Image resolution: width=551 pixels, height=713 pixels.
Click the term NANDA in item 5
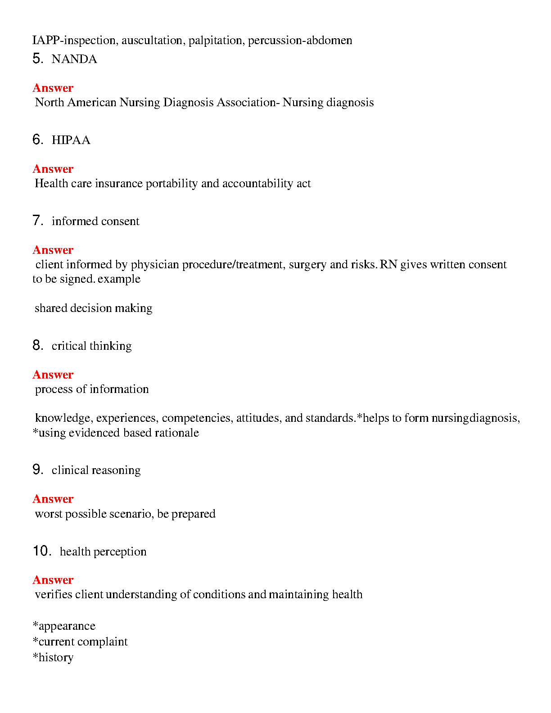(74, 59)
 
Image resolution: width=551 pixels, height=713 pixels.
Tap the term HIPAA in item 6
(71, 140)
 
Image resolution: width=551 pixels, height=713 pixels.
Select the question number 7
(37, 221)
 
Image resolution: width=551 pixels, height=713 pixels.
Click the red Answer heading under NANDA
(53, 88)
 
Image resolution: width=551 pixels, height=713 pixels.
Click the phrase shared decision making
(94, 308)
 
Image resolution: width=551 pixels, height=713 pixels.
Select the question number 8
(37, 345)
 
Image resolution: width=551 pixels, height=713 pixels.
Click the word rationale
(177, 433)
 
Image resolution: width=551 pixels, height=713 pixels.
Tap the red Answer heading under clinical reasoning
(53, 499)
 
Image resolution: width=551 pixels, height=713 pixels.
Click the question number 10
(42, 551)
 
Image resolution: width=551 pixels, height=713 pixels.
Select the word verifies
(54, 595)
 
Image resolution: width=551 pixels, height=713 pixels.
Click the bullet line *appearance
(64, 626)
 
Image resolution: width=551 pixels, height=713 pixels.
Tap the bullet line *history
(53, 658)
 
